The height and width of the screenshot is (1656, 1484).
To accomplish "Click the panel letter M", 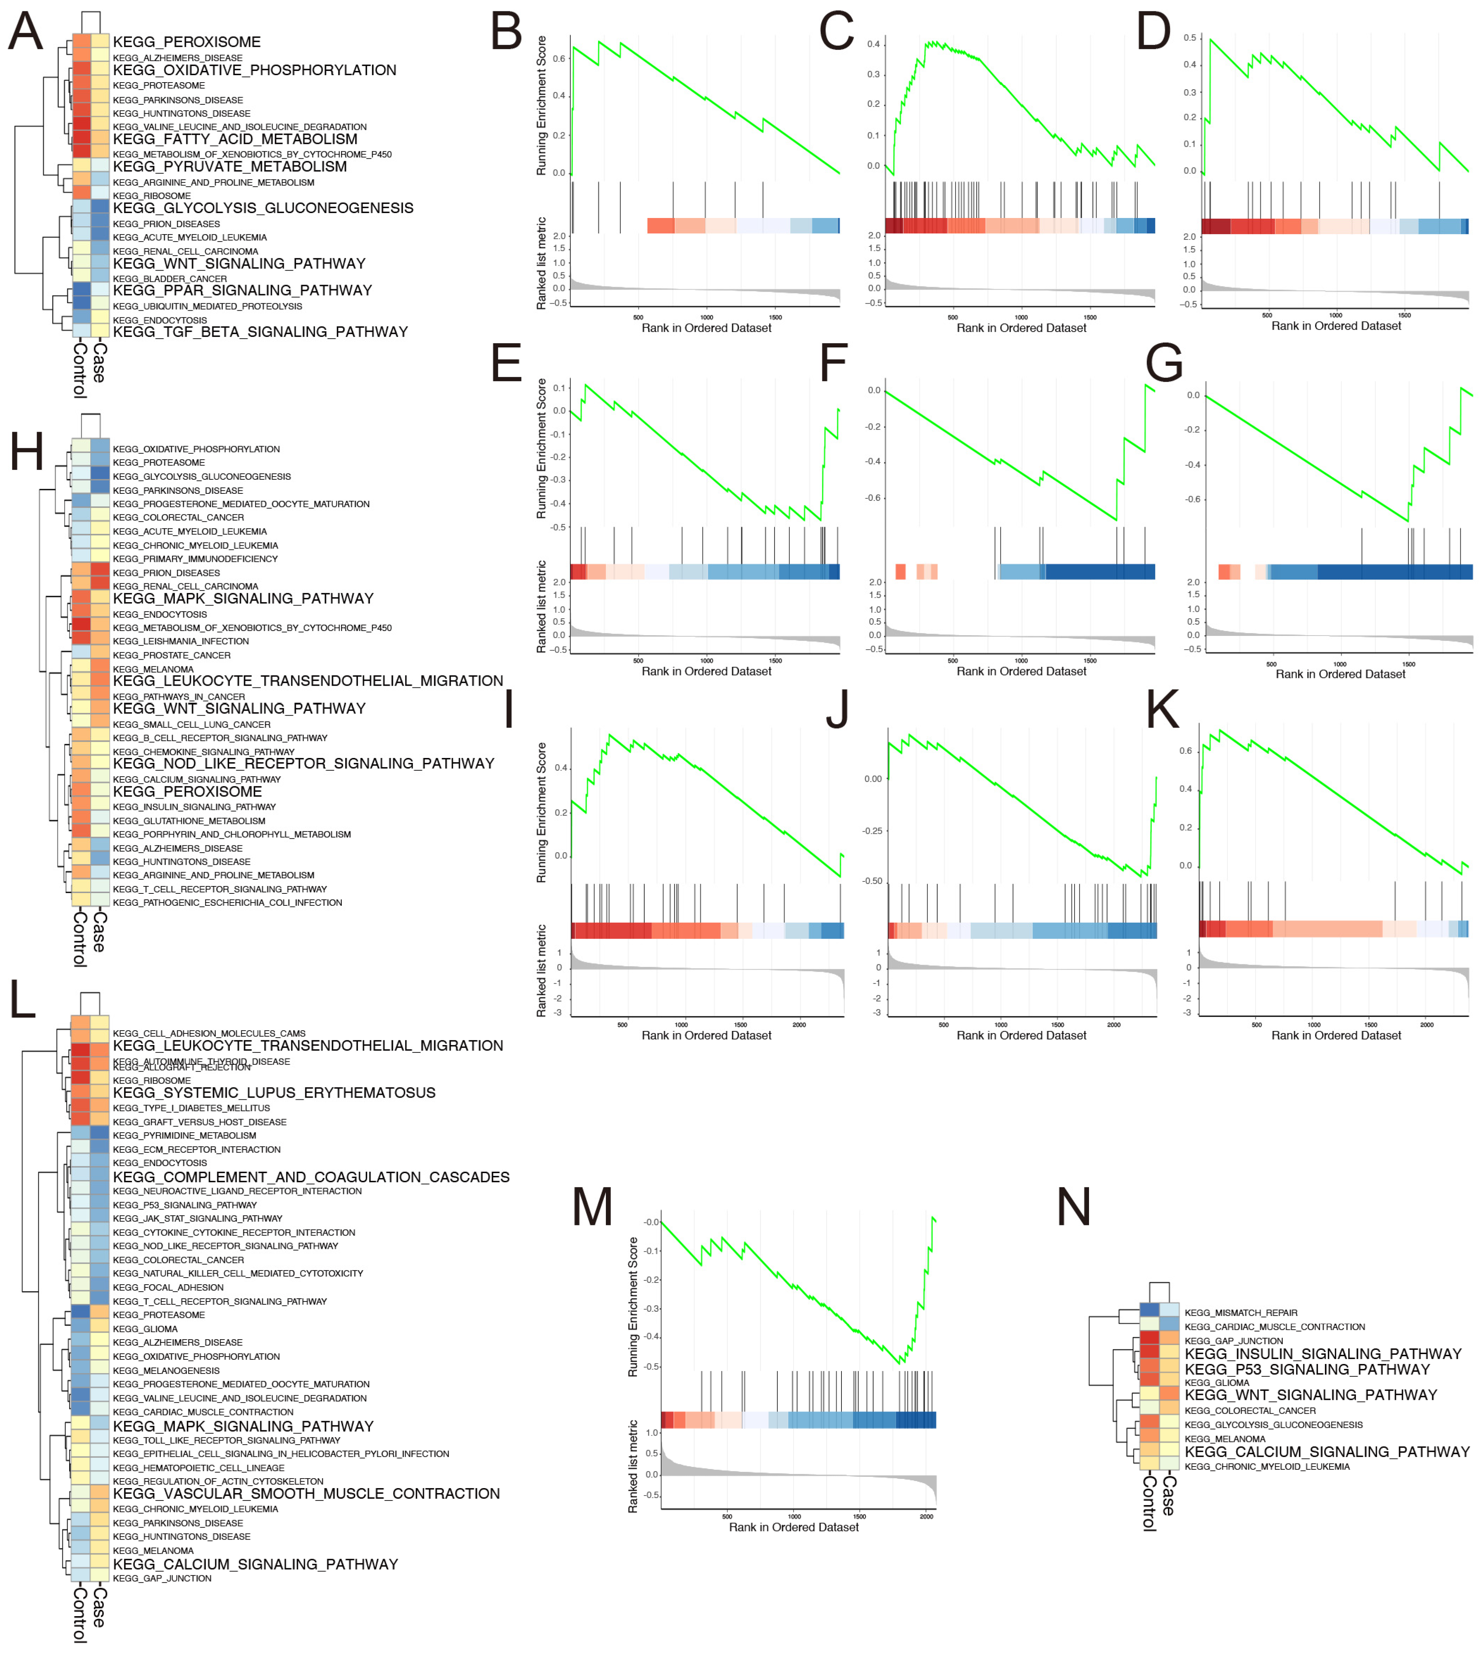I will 592,1207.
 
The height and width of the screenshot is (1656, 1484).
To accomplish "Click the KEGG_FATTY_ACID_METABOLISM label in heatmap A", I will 235,139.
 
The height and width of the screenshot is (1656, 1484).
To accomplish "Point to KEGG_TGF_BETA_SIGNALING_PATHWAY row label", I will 260,332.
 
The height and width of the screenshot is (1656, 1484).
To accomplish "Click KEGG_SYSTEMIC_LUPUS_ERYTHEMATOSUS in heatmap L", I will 274,1093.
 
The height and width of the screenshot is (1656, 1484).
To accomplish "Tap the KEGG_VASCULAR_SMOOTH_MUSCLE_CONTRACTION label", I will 306,1494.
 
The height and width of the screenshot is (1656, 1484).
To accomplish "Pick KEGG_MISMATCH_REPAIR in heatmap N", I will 1240,1313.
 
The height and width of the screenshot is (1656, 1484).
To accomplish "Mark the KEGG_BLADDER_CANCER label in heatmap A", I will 170,279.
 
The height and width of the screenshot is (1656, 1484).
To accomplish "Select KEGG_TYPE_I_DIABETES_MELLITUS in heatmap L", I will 191,1108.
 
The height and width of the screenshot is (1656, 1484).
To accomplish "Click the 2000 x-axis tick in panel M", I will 926,1517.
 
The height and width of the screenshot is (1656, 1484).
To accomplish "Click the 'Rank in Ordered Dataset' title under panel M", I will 793,1527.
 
